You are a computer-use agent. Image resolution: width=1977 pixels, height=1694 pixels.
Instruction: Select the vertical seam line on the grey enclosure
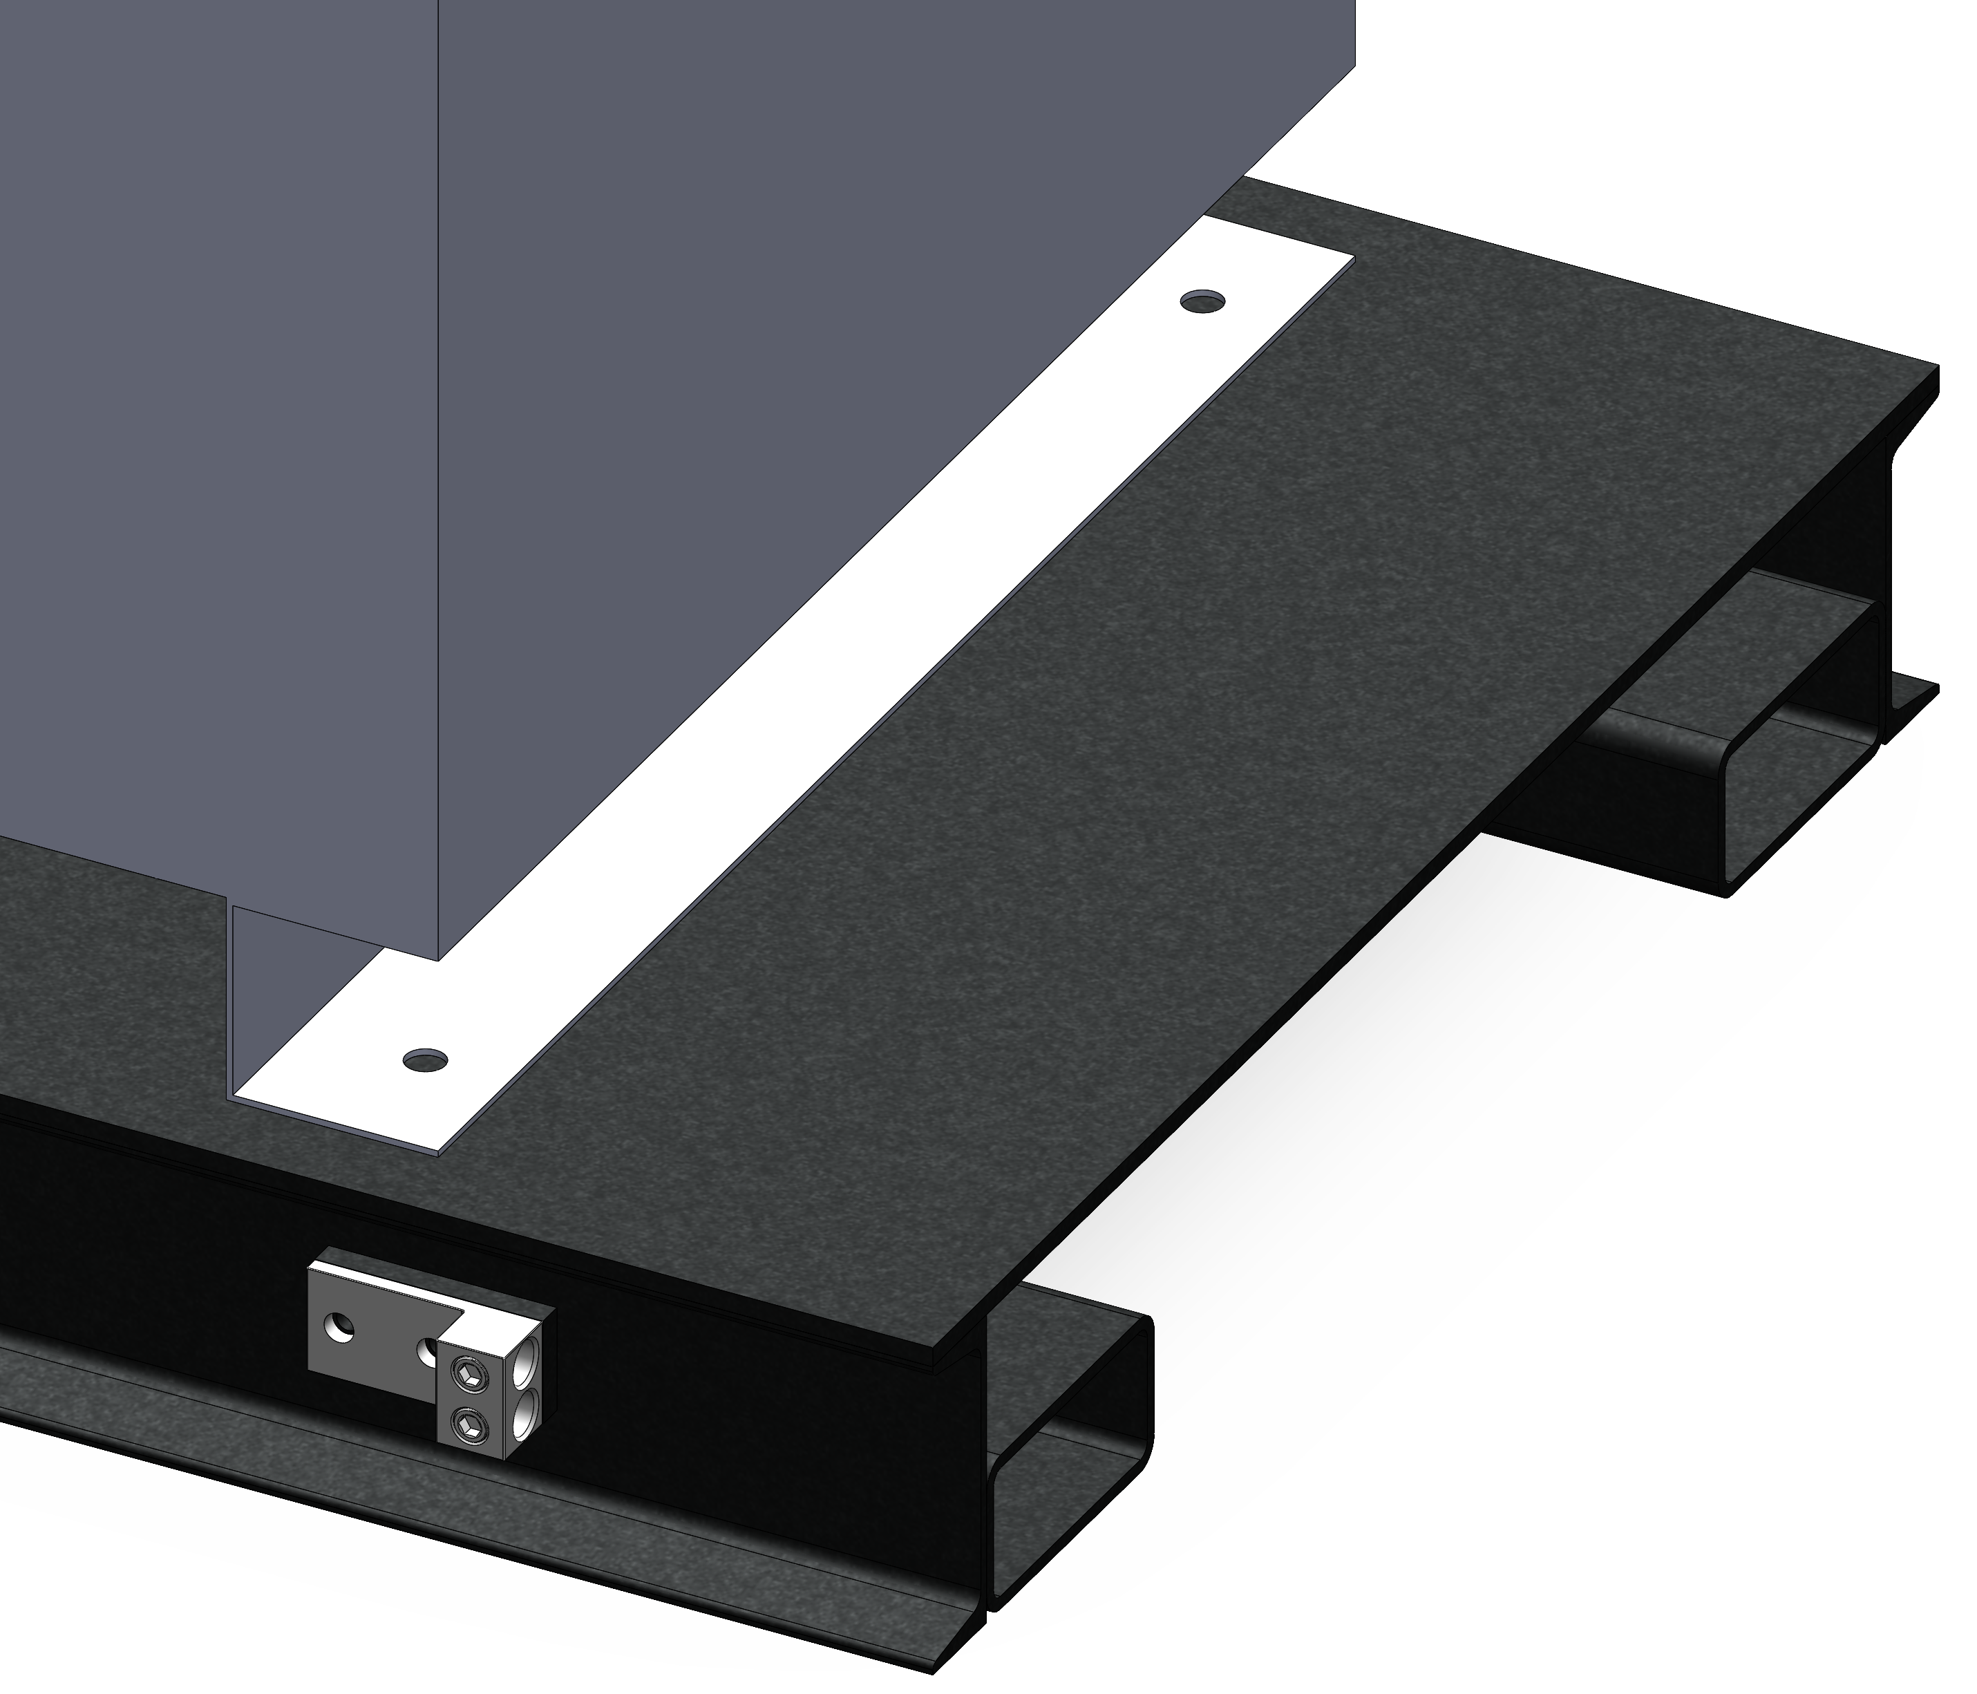pyautogui.click(x=437, y=477)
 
